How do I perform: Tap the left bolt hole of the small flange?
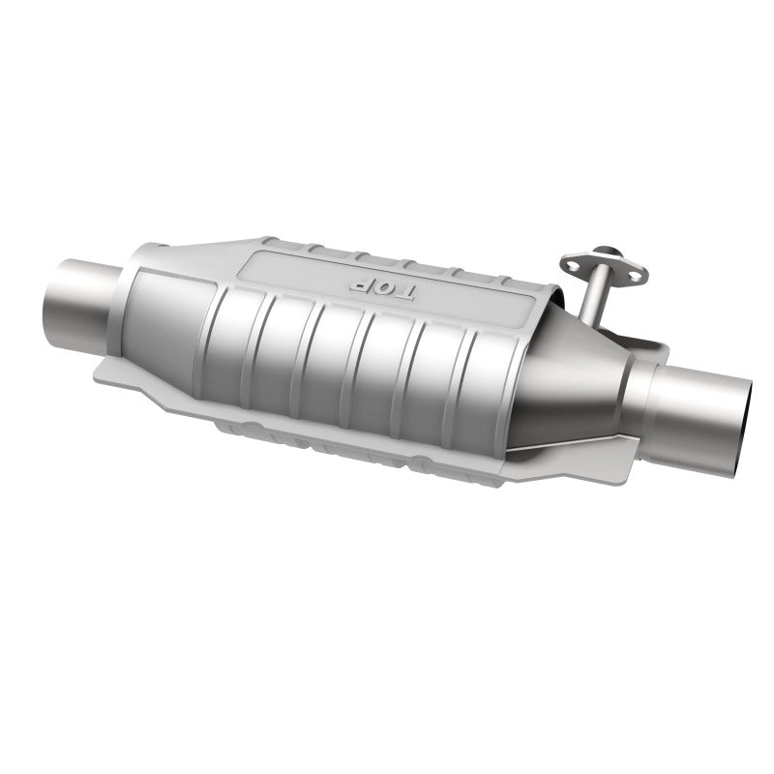(x=571, y=262)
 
